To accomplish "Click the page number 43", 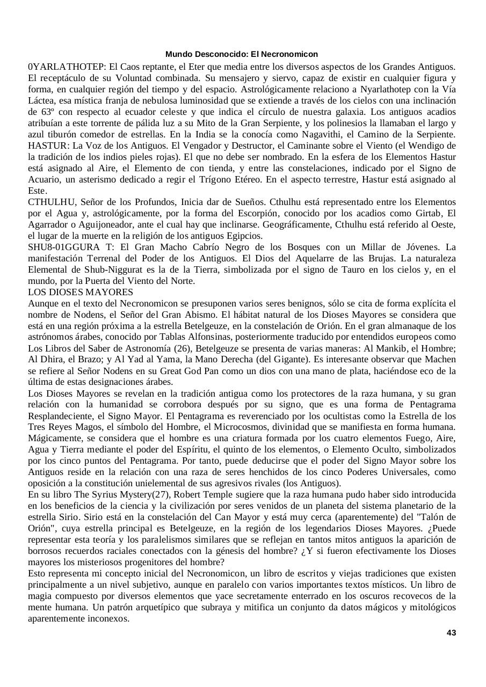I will click(451, 632).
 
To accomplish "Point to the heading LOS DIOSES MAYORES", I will click(81, 292).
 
